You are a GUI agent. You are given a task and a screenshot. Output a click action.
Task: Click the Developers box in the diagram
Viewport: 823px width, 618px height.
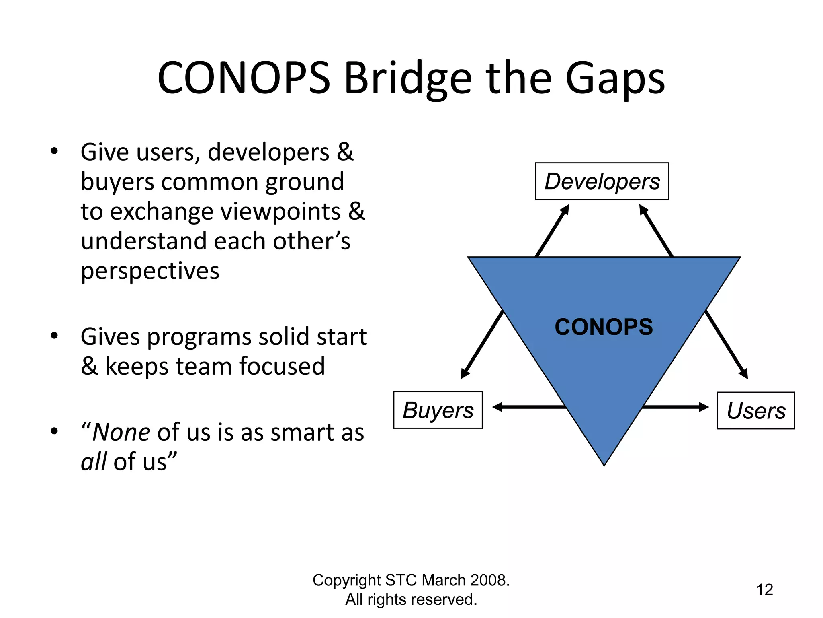602,181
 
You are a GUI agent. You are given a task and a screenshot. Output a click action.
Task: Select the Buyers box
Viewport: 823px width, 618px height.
438,410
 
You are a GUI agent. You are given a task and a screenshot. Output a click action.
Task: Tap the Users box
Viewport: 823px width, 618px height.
755,410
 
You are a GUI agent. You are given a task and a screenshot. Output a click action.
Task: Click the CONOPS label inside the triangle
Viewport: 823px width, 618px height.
604,327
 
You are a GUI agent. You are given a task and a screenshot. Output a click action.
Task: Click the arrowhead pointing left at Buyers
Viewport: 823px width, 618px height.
497,407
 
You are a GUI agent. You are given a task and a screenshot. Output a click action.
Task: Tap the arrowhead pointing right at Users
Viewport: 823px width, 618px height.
704,407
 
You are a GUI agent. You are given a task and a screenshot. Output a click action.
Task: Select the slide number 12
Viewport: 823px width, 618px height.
764,590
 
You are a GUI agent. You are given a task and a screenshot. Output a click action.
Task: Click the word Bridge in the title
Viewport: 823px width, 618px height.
407,79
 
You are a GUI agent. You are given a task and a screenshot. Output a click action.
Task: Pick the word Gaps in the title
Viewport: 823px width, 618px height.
615,79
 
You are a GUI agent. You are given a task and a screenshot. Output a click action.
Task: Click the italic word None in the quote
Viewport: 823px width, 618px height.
121,433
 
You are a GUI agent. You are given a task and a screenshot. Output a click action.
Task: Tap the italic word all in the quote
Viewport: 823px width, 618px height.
93,461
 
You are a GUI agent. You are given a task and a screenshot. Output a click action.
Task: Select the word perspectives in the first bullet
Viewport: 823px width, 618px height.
150,271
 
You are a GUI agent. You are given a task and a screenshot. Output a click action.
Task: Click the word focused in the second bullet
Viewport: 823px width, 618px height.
282,366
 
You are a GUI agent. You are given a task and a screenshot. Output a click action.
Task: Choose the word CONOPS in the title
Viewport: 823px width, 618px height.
244,79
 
